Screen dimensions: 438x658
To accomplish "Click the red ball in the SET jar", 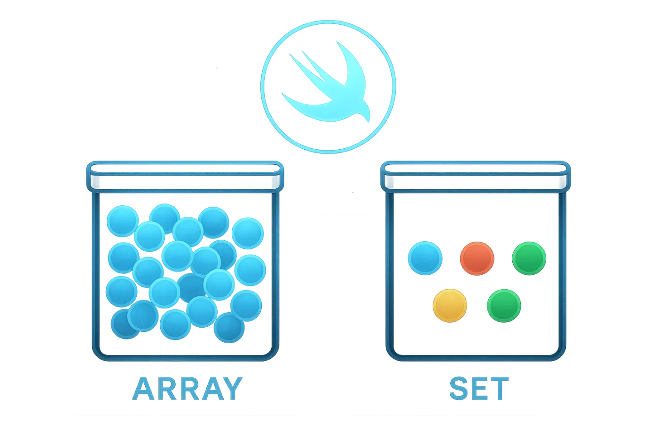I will [x=477, y=259].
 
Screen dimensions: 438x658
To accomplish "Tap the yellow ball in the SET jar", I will [x=450, y=305].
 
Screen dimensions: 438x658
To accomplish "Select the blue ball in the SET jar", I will [x=425, y=258].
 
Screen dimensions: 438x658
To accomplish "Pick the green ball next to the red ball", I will [x=529, y=258].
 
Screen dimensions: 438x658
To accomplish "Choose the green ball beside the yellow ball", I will [x=503, y=306].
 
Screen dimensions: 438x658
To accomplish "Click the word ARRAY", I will [x=187, y=388].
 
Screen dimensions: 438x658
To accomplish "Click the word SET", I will [x=479, y=389].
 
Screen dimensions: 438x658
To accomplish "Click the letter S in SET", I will [x=460, y=389].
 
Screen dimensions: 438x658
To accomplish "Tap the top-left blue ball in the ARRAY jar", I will [x=122, y=221].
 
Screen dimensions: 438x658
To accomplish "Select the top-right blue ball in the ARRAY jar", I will [x=248, y=232].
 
